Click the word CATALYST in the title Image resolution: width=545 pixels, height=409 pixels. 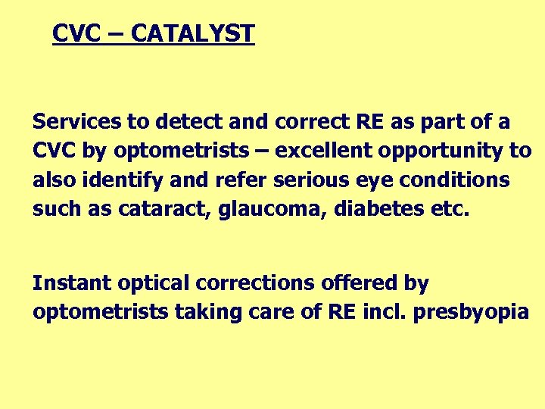[192, 34]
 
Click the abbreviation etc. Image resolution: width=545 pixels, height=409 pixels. [450, 210]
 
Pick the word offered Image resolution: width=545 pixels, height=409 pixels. [360, 283]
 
